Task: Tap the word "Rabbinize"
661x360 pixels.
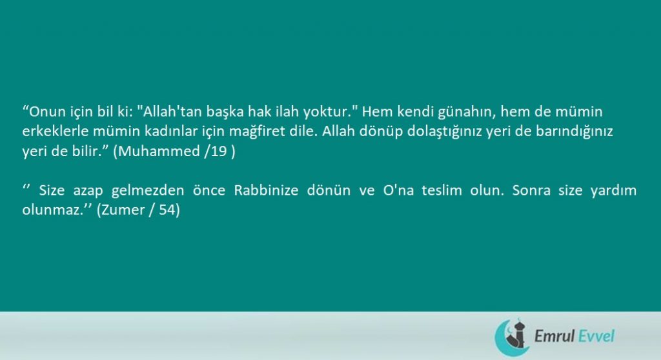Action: pyautogui.click(x=266, y=190)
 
